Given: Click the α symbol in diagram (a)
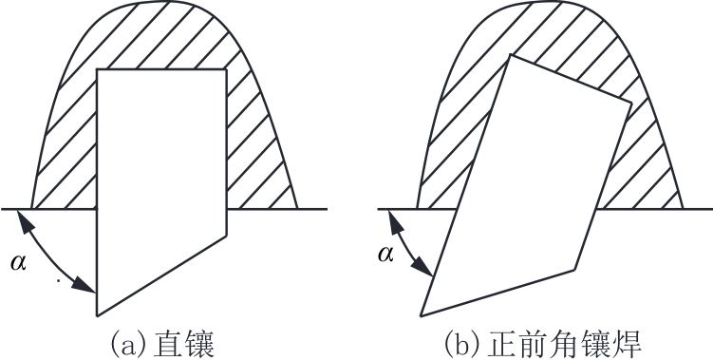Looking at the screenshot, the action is pyautogui.click(x=19, y=262).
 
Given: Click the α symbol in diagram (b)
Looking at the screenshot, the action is pyautogui.click(x=385, y=254).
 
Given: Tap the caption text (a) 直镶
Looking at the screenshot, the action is pyautogui.click(x=162, y=344).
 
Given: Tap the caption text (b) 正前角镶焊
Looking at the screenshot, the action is pyautogui.click(x=542, y=344).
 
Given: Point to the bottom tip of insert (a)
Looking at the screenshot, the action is pyautogui.click(x=97, y=315).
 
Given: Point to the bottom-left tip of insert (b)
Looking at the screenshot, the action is pyautogui.click(x=421, y=316).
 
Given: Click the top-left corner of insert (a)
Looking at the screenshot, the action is pyautogui.click(x=97, y=69).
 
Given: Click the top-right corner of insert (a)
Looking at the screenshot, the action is pyautogui.click(x=226, y=69).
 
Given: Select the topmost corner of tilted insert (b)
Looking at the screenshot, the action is pyautogui.click(x=511, y=54).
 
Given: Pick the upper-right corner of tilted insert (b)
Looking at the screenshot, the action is pyautogui.click(x=632, y=104).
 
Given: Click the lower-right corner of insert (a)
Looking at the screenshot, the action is pyautogui.click(x=226, y=236).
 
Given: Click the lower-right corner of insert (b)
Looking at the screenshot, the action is pyautogui.click(x=574, y=271).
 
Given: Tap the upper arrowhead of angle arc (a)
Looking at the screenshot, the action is pyautogui.click(x=24, y=220).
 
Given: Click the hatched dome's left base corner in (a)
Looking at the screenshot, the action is pyautogui.click(x=31, y=209).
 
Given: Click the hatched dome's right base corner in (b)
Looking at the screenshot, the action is pyautogui.click(x=683, y=209).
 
